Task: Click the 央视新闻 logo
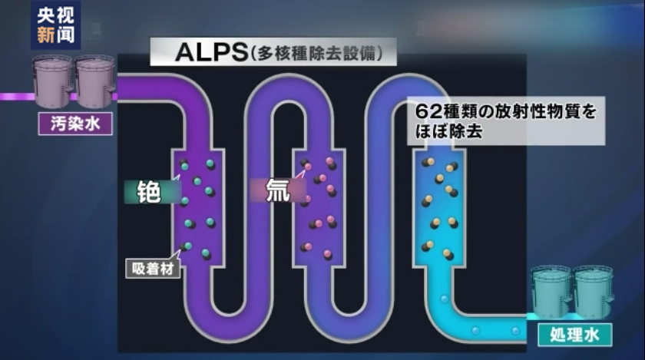coord(55,25)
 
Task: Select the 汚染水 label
coord(75,123)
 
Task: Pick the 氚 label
coord(277,190)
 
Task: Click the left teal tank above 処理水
coord(552,292)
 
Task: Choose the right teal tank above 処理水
coord(594,292)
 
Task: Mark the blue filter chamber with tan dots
coord(439,207)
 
